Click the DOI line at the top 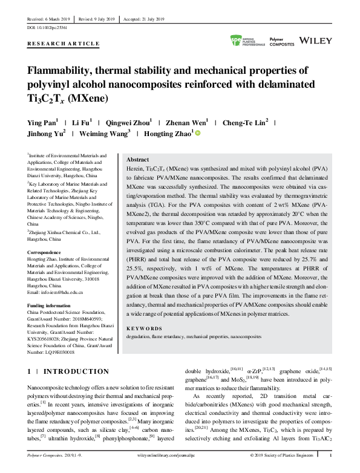click(x=47, y=28)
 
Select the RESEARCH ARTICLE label click(x=64, y=44)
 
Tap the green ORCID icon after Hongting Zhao click(x=197, y=133)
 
